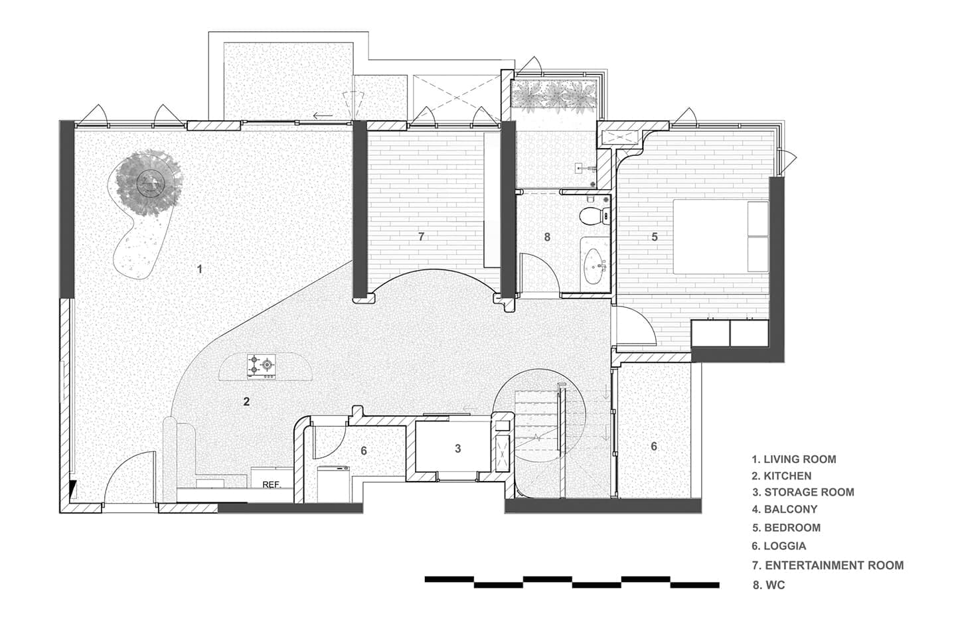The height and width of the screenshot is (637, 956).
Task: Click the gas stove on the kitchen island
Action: [x=261, y=366]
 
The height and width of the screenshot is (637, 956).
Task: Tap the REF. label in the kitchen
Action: [x=272, y=485]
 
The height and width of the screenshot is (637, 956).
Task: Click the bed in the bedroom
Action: [x=721, y=237]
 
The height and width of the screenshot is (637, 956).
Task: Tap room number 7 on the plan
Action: [x=421, y=236]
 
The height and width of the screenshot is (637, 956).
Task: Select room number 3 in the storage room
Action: [x=458, y=449]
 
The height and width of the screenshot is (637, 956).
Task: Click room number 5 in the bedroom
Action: [x=655, y=237]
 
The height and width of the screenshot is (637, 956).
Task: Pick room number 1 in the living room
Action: [x=199, y=269]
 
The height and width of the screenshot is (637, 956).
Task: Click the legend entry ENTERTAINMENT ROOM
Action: [x=828, y=565]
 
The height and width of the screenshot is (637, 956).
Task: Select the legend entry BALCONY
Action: [x=785, y=509]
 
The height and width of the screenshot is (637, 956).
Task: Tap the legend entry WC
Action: [x=769, y=585]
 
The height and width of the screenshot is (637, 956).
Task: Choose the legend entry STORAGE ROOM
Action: [x=803, y=492]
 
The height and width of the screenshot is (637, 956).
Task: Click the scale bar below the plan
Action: [x=572, y=582]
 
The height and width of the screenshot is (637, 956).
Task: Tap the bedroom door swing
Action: [x=635, y=325]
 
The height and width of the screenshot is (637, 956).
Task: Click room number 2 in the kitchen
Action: [x=246, y=401]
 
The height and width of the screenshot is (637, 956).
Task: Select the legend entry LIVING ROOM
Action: [x=794, y=460]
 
